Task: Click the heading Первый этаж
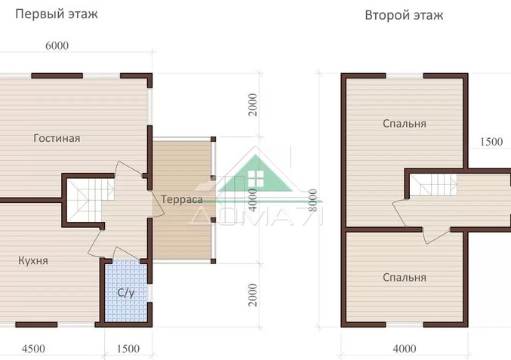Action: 57,14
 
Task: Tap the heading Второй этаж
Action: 404,15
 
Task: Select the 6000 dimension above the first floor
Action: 57,45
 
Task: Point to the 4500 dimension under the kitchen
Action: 33,349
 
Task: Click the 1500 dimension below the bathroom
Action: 128,349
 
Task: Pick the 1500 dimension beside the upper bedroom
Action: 491,141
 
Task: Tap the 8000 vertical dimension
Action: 312,200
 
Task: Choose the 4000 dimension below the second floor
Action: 405,349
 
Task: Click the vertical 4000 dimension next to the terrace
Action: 253,199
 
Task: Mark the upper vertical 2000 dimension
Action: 253,105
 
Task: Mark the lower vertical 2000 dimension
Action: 253,295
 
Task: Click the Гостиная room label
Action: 57,138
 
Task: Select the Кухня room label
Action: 33,260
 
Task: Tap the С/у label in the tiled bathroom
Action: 126,293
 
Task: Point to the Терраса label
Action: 182,199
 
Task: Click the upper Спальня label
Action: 405,124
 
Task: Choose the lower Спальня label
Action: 405,277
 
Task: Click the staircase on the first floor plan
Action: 91,200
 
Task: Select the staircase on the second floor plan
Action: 433,185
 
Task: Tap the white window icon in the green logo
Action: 255,179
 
